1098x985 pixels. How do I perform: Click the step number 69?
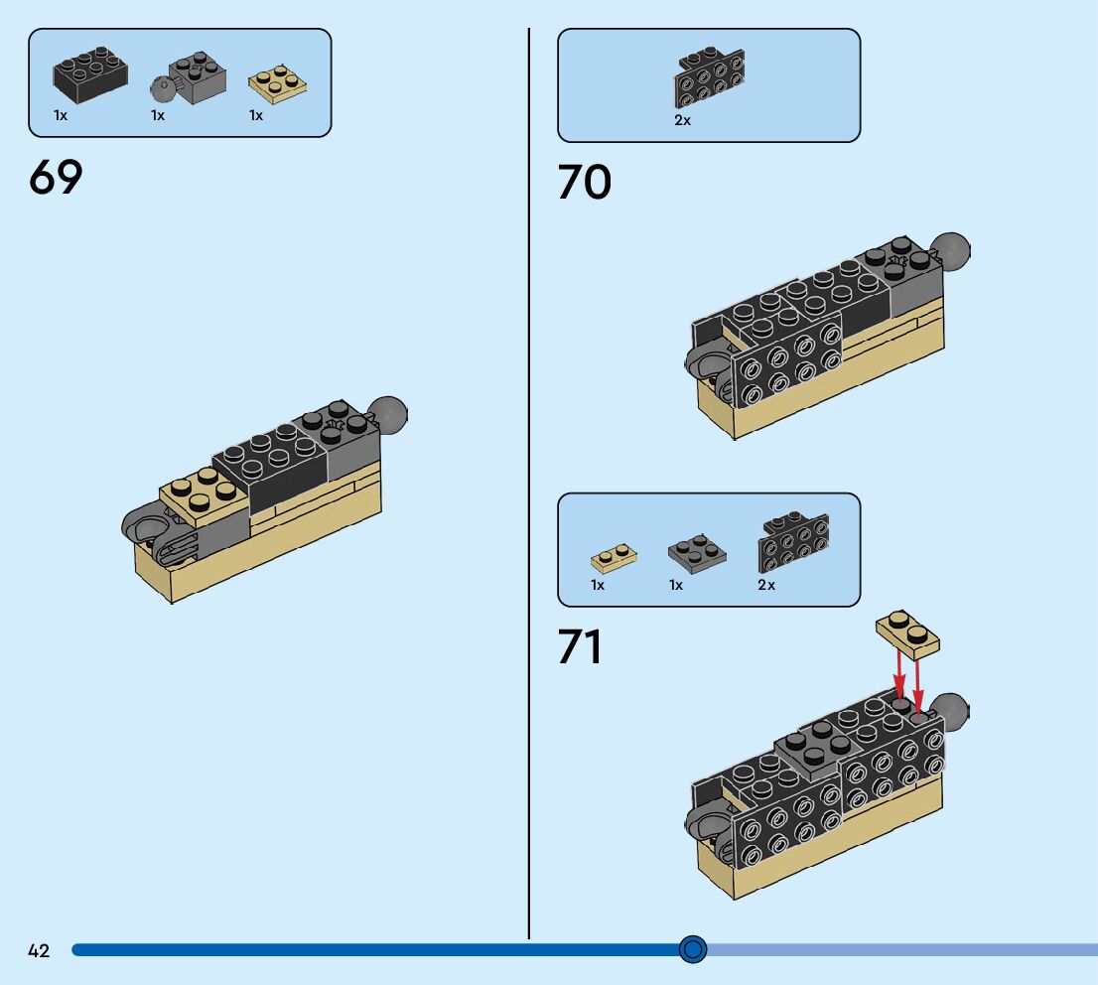(x=56, y=177)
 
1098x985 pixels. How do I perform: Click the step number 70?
(x=584, y=183)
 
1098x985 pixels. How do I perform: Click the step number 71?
(x=580, y=647)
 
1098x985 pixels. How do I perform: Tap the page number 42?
(x=39, y=950)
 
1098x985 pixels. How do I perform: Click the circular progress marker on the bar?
(x=693, y=949)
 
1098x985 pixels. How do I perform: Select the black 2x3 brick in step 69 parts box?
(x=89, y=74)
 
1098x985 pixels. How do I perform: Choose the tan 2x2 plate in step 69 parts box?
(x=277, y=84)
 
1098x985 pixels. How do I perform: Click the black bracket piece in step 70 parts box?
(x=710, y=77)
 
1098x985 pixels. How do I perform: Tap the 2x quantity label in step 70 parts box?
(x=682, y=120)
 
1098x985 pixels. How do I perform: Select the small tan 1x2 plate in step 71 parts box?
(x=614, y=556)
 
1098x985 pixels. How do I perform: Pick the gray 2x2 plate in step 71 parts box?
(x=696, y=553)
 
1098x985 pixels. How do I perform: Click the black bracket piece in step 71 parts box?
(x=792, y=542)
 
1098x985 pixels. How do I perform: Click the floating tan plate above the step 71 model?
(x=908, y=633)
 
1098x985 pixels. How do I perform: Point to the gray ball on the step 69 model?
(x=389, y=414)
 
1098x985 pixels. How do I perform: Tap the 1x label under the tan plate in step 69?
(x=256, y=116)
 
